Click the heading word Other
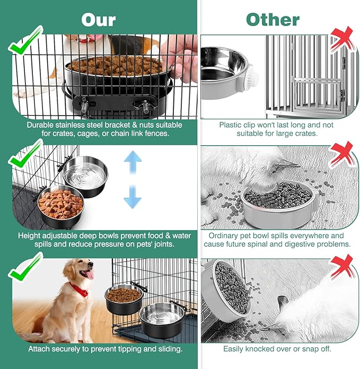tap(273, 20)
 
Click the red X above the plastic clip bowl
tap(341, 40)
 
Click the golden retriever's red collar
tap(80, 291)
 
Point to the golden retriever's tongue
tap(90, 275)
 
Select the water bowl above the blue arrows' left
tap(85, 175)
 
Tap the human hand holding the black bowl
tap(180, 56)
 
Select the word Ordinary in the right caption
tap(227, 235)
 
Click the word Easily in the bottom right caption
tap(236, 349)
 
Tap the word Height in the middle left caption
tap(31, 235)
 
